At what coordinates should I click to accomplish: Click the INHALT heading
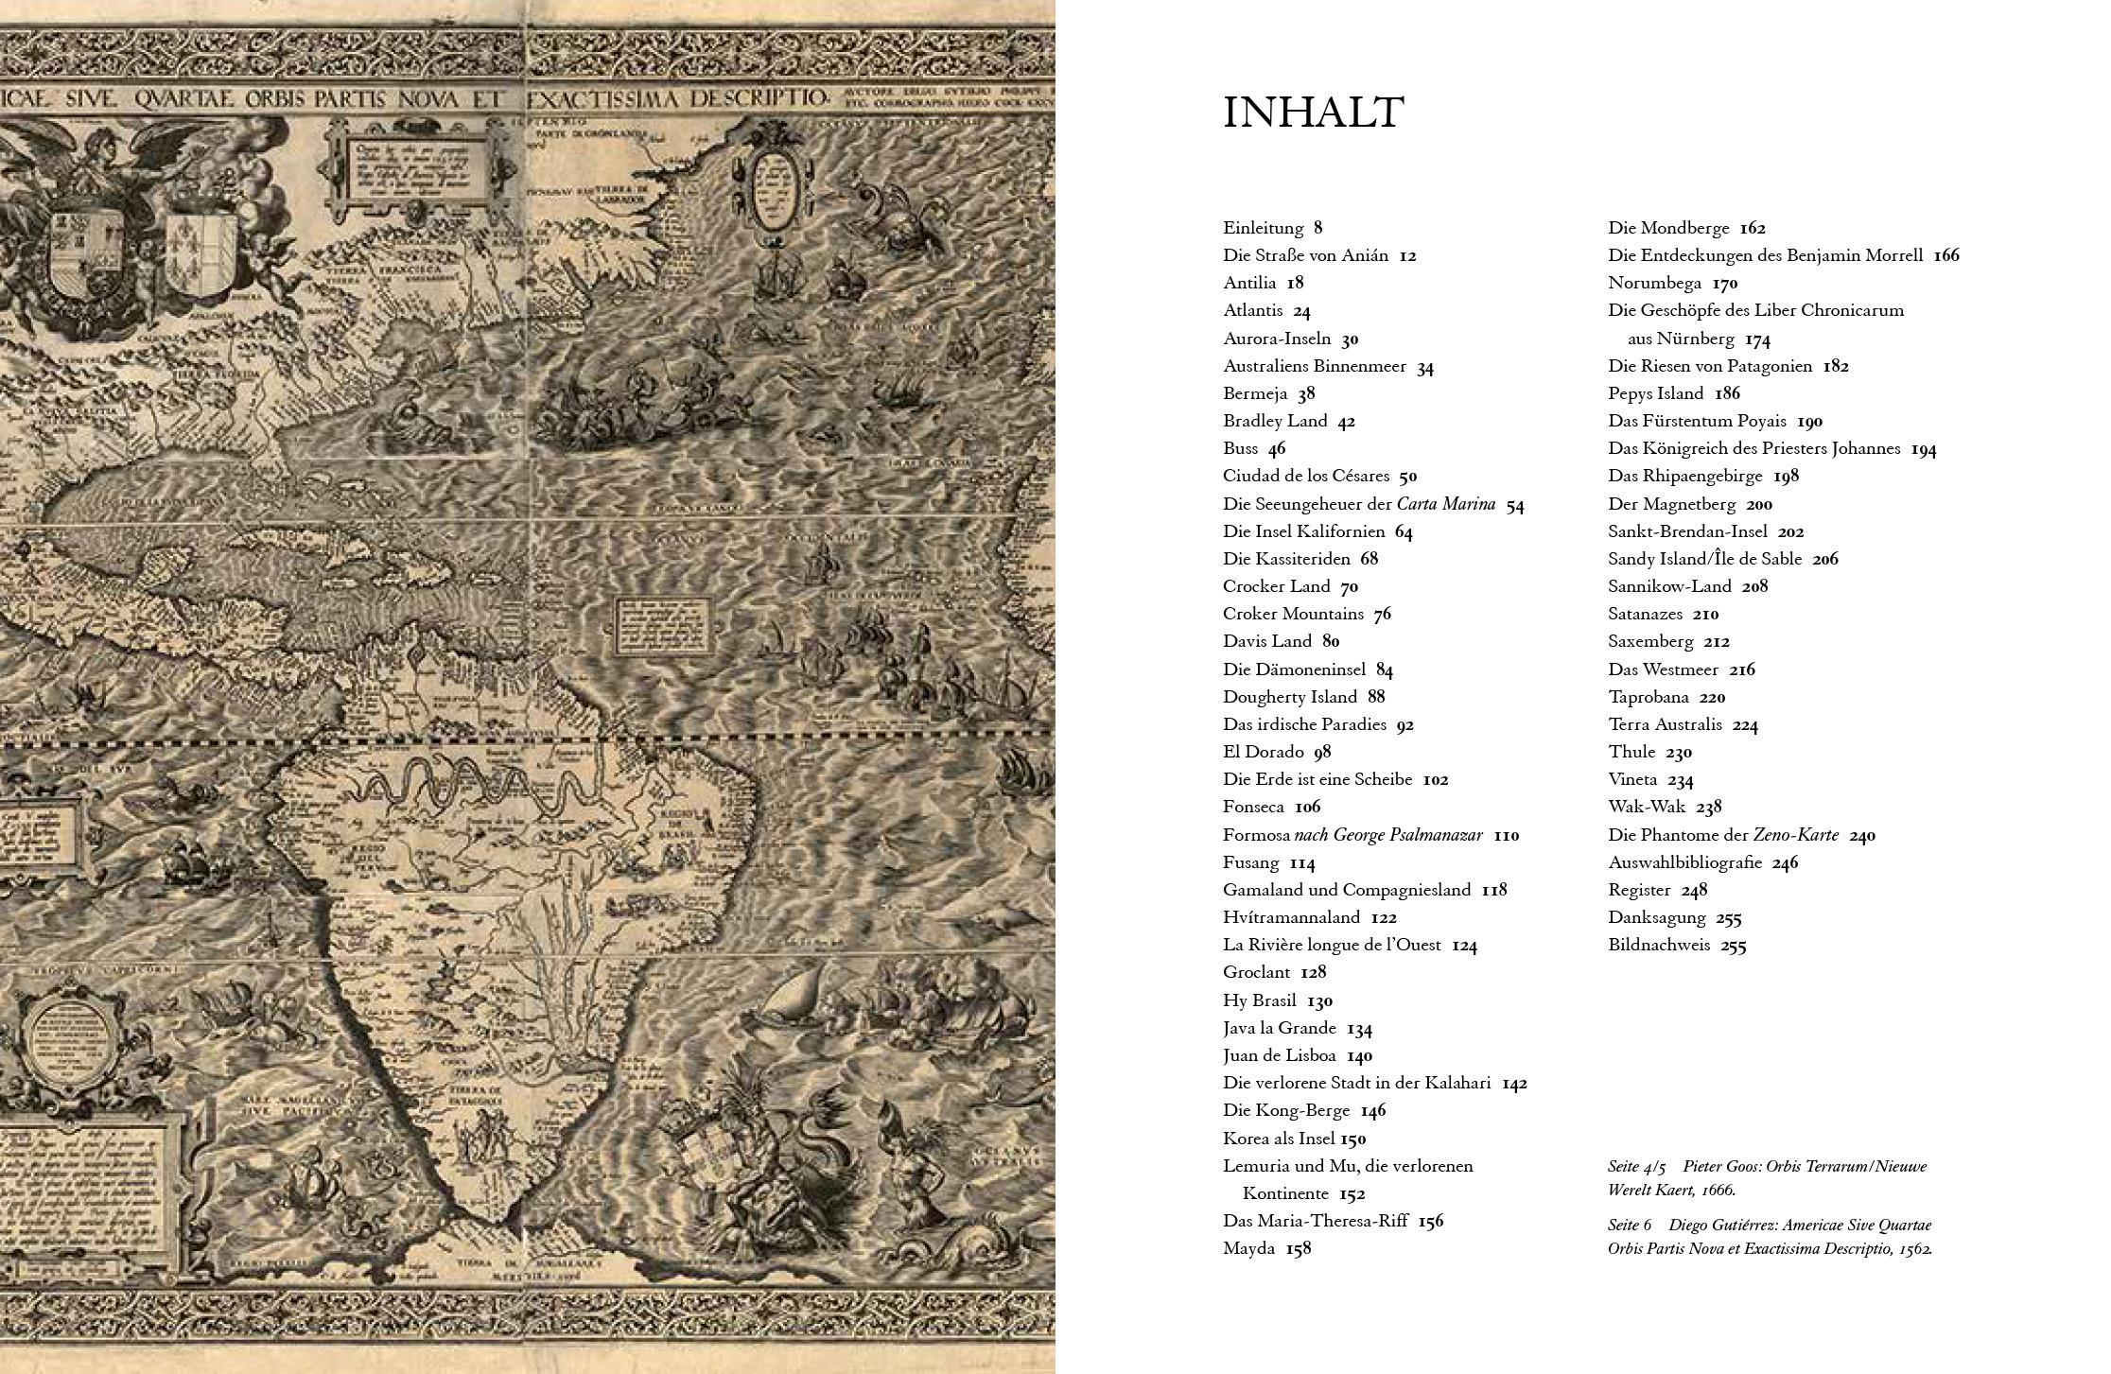tap(1314, 113)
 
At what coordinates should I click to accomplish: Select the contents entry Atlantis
tap(1253, 310)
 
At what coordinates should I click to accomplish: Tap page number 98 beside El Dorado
tap(1322, 752)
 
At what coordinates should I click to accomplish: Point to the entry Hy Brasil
tap(1260, 1000)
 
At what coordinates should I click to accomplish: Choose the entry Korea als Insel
tap(1281, 1139)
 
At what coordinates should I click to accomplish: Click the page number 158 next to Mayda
tap(1299, 1249)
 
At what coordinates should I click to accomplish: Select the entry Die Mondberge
tap(1668, 228)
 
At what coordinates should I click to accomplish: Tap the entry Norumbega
tap(1655, 283)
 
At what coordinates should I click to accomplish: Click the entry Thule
tap(1631, 752)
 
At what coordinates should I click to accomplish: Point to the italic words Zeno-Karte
tap(1796, 835)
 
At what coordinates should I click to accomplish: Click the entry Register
tap(1639, 890)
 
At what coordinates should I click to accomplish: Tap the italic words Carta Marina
tap(1446, 504)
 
